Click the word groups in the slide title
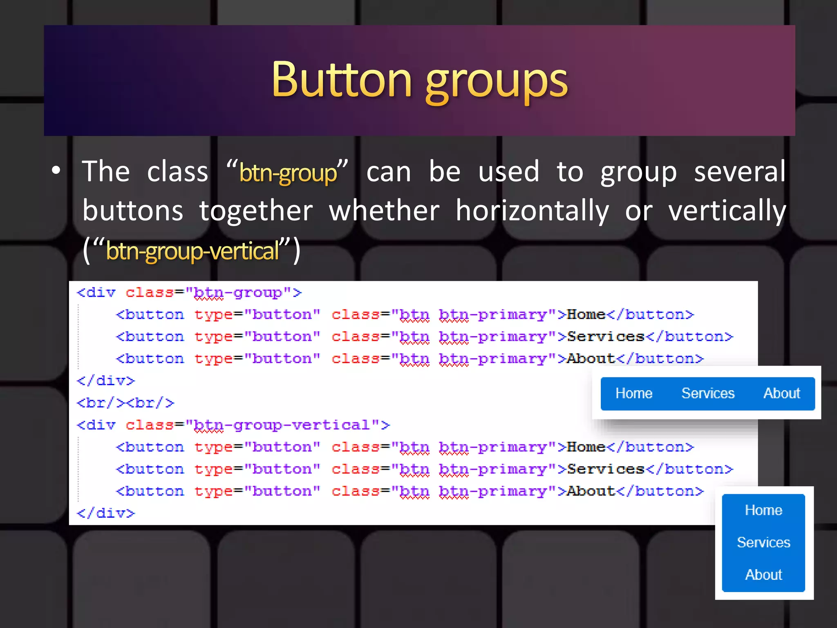pyautogui.click(x=497, y=82)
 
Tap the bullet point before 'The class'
pyautogui.click(x=56, y=170)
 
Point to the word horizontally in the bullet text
pyautogui.click(x=532, y=211)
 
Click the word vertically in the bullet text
pyautogui.click(x=727, y=211)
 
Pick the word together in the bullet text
pyautogui.click(x=256, y=211)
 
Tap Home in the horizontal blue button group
pyautogui.click(x=634, y=393)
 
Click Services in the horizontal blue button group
pyautogui.click(x=708, y=393)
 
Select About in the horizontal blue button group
pyautogui.click(x=781, y=393)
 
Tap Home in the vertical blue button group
pyautogui.click(x=763, y=510)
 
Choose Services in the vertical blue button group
pyautogui.click(x=763, y=543)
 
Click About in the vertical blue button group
pyautogui.click(x=763, y=575)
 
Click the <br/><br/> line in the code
pyautogui.click(x=125, y=403)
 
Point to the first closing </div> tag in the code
pyautogui.click(x=106, y=381)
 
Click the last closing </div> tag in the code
pyautogui.click(x=106, y=514)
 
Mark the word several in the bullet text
pyautogui.click(x=740, y=172)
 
